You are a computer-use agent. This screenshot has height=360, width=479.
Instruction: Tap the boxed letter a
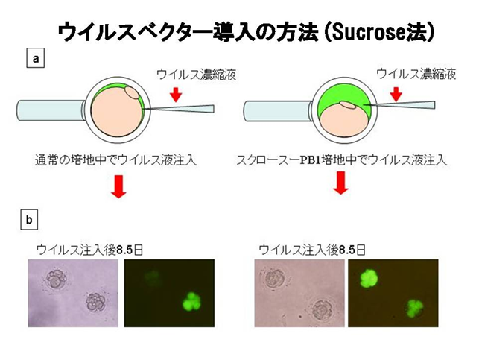tap(36, 58)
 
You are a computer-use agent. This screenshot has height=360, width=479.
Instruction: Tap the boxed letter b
tap(29, 220)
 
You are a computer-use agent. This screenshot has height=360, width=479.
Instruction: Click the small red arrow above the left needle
tap(176, 94)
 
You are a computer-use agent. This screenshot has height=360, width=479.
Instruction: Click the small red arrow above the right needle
tap(396, 94)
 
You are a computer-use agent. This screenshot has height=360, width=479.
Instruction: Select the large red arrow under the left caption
tap(118, 186)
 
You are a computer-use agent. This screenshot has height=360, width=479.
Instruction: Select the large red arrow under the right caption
tap(340, 183)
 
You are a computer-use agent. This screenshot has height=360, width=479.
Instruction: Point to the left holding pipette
tap(51, 110)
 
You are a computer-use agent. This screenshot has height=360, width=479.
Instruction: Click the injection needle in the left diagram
tap(178, 109)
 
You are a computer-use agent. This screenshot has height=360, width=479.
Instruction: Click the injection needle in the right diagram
tap(399, 105)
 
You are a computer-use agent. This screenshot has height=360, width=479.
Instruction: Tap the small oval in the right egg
tap(349, 105)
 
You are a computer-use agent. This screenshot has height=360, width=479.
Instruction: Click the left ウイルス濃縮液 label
tap(197, 75)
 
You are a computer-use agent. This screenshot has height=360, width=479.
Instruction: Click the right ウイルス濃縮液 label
tap(416, 74)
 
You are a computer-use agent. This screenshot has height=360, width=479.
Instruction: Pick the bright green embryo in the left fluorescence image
tap(192, 301)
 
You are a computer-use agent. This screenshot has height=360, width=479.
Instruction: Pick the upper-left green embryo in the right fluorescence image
tap(369, 280)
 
